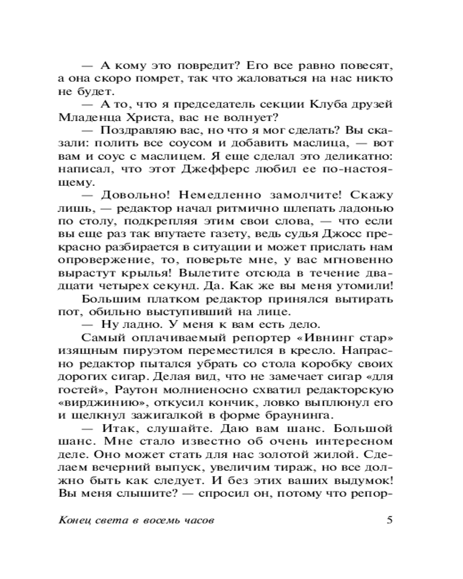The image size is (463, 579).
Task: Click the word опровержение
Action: pos(100,261)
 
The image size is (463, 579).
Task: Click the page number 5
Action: pos(389,519)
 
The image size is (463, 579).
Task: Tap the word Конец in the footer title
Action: pos(75,519)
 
